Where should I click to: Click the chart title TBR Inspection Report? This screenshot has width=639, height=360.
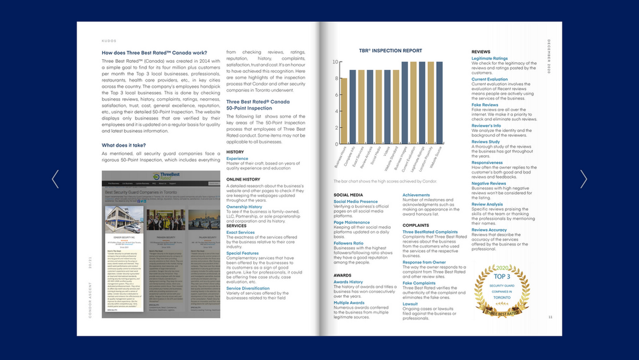coord(390,51)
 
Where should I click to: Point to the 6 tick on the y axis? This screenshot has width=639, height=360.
coord(336,95)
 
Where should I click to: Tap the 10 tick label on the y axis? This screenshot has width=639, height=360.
coord(335,62)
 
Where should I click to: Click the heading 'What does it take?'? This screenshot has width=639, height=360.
coord(124,145)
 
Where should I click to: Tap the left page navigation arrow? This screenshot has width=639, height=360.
coord(56,179)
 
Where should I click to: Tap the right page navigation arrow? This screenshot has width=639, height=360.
coord(583,179)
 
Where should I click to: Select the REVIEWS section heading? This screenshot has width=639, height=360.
coord(481,52)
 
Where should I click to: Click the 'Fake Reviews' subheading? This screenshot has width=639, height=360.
coord(485,105)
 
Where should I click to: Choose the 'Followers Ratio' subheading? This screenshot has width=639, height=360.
coord(348,243)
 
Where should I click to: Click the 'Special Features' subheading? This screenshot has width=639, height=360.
coord(242,253)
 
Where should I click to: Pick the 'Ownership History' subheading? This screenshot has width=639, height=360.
coord(244,207)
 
